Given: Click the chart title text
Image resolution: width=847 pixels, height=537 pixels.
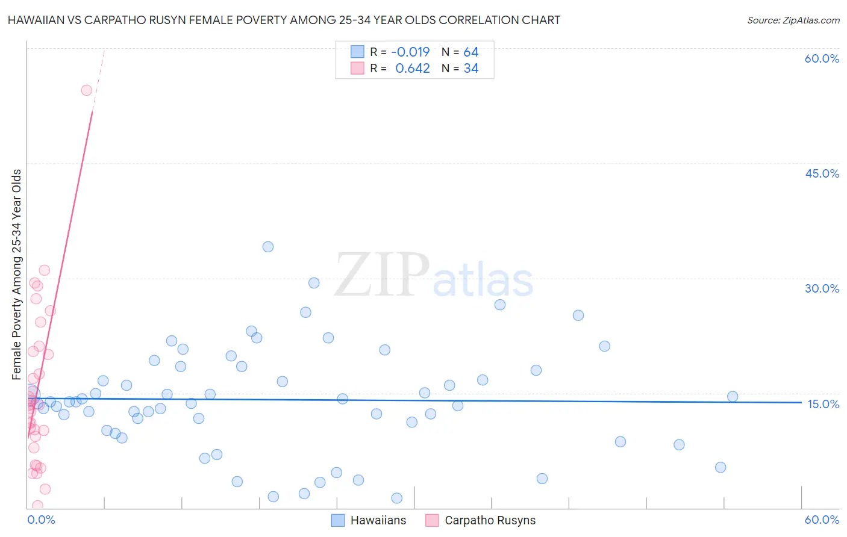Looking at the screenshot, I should (x=284, y=20).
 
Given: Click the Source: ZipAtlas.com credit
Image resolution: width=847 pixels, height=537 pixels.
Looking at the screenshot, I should (x=793, y=20).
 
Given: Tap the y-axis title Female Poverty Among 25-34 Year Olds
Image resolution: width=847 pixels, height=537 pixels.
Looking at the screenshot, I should (x=17, y=275).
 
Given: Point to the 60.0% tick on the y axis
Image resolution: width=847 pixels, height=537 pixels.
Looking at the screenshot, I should (x=822, y=58).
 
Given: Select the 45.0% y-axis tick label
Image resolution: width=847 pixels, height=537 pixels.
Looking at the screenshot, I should (x=822, y=173).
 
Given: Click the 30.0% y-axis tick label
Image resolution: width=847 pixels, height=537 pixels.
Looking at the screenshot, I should (x=822, y=288).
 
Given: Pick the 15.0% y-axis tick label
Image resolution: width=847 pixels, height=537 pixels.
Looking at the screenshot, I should (x=823, y=403).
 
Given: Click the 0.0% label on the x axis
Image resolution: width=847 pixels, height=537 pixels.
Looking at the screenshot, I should (x=41, y=520).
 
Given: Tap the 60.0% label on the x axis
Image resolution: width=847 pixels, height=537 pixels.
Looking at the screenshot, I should (x=822, y=520).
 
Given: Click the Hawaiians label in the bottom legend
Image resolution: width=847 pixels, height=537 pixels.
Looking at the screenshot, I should (x=378, y=521).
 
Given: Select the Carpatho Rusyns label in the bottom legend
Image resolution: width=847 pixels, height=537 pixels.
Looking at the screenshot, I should (x=490, y=521).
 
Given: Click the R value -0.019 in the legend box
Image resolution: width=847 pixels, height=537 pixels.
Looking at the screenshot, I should (x=411, y=52).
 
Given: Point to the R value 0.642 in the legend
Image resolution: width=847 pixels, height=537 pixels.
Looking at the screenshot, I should (x=412, y=69).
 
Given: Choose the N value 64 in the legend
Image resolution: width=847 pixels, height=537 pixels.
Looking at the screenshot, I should (x=471, y=52).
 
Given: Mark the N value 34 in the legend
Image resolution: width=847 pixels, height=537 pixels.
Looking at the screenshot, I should (x=471, y=69).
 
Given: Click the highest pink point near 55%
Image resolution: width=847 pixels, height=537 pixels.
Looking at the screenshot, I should (x=86, y=90).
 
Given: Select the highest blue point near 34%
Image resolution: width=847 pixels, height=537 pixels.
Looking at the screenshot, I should (x=268, y=247).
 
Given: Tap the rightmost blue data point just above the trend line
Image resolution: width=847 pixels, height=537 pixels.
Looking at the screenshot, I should (x=733, y=397).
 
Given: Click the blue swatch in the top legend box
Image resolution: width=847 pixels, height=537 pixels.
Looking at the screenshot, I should (x=357, y=52).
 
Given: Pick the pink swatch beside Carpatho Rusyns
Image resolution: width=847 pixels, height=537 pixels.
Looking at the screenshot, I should (x=432, y=521).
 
